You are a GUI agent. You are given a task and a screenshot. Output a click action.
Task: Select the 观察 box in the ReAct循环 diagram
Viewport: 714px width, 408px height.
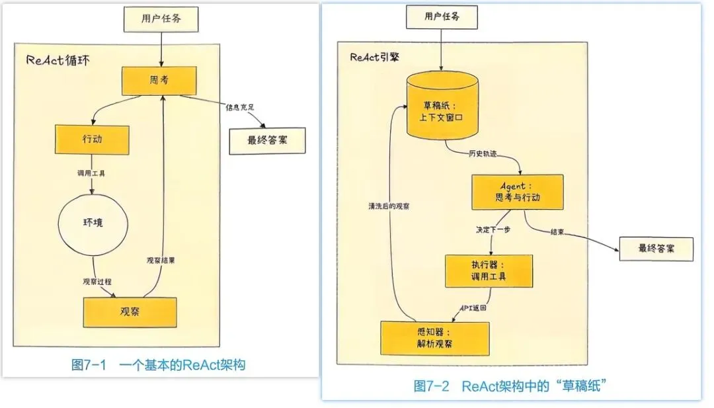click(x=130, y=312)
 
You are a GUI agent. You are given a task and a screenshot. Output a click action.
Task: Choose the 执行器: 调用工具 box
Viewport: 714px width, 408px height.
click(x=489, y=270)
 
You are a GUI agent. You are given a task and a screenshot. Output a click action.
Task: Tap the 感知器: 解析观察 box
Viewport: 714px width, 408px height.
click(x=435, y=338)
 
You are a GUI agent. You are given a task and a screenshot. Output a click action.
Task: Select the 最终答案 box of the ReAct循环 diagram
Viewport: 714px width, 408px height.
click(x=267, y=140)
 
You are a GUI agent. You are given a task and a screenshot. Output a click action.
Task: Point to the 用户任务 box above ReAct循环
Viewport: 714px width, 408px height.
click(x=161, y=19)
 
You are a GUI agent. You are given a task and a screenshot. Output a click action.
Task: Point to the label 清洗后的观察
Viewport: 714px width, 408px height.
click(x=389, y=206)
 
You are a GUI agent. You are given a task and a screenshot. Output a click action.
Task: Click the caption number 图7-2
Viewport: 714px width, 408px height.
click(x=431, y=386)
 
